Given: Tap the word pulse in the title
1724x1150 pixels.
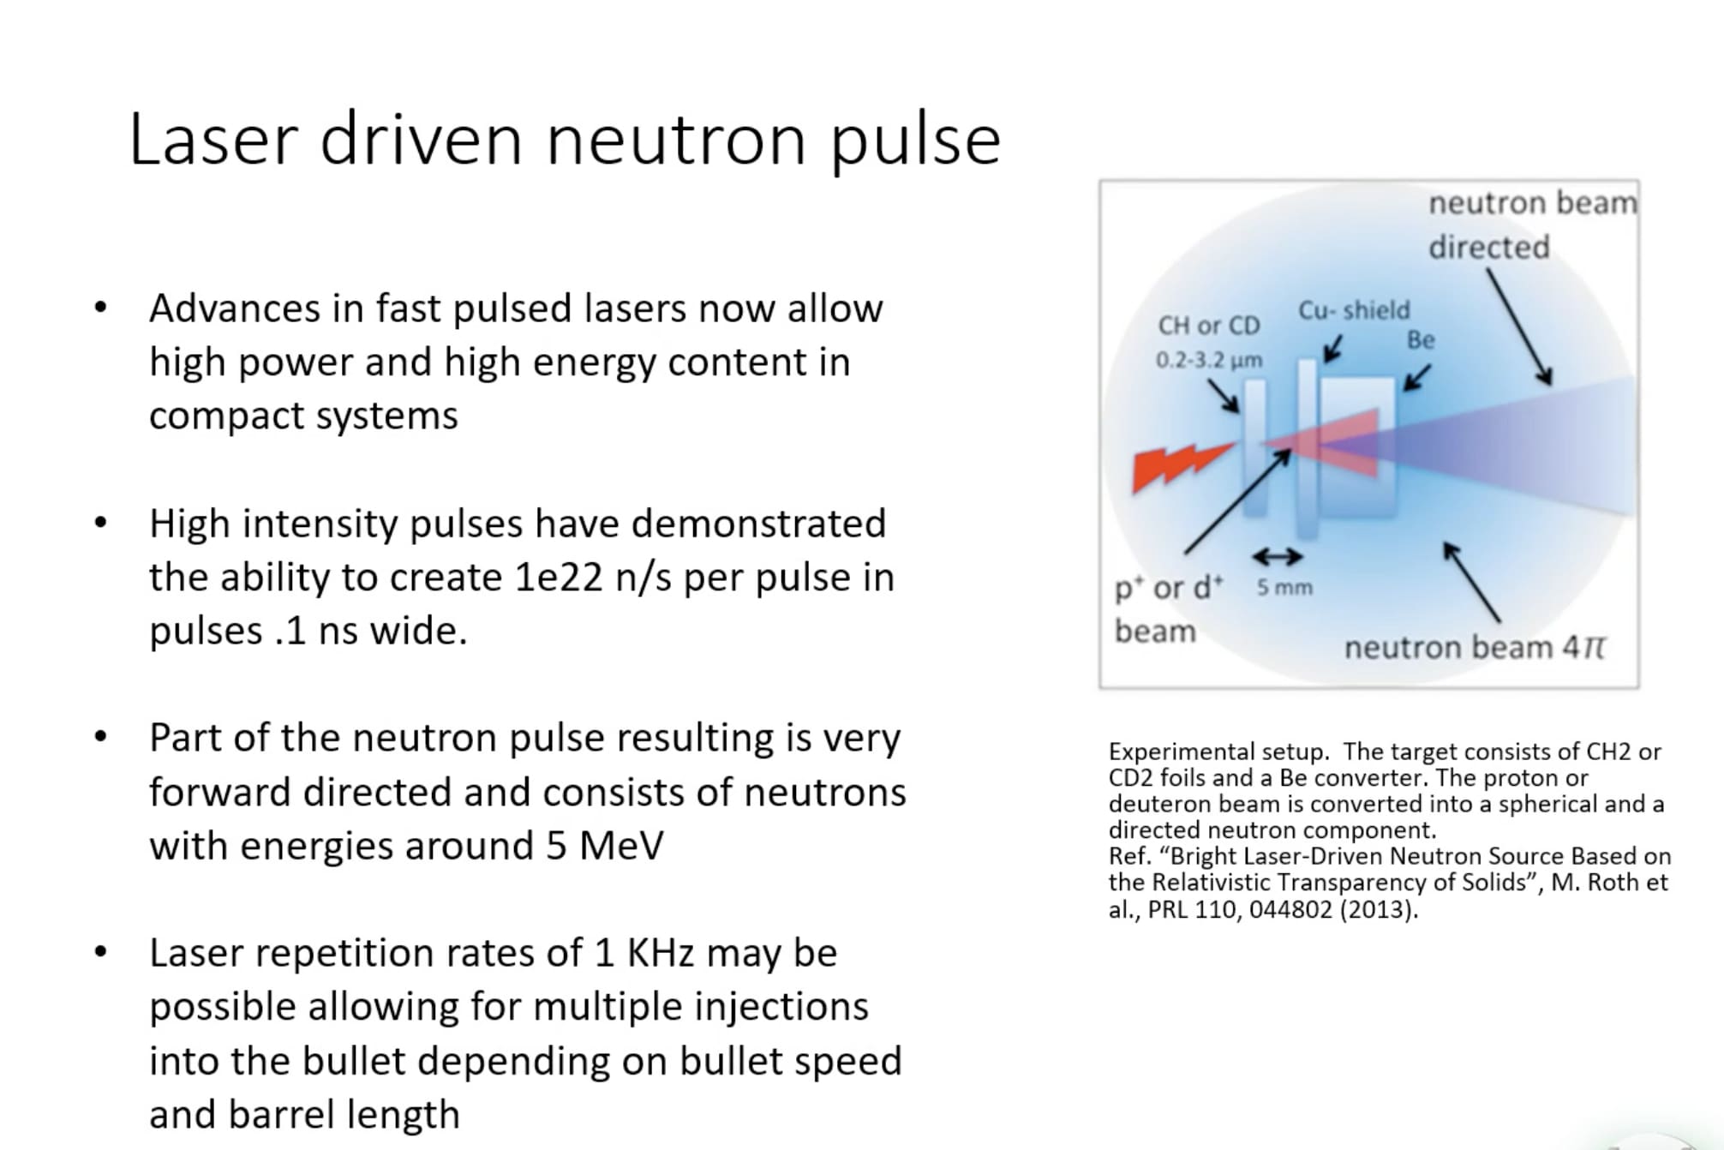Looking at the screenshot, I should click(915, 141).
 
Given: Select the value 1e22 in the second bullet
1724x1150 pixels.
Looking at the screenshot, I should click(558, 578).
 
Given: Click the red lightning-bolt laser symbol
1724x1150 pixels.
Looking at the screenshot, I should click(1179, 466).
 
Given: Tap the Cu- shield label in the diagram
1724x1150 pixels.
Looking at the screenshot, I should click(1353, 310).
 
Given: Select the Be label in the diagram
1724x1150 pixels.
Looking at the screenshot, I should click(1420, 340).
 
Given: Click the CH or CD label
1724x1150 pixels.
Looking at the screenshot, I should click(1208, 326).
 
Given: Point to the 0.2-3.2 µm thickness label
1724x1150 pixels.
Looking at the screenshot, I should click(1208, 360).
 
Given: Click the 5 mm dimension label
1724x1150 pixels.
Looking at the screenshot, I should click(1284, 588).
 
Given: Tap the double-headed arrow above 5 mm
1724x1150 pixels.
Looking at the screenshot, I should click(1278, 557).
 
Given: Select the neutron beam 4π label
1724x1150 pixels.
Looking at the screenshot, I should click(1474, 648).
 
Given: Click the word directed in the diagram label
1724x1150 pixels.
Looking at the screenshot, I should click(1488, 248).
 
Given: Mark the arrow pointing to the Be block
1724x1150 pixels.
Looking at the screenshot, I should click(1416, 378).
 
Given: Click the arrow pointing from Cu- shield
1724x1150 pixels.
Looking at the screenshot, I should click(1332, 350).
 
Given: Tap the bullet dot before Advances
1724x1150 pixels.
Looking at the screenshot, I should click(101, 308).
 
